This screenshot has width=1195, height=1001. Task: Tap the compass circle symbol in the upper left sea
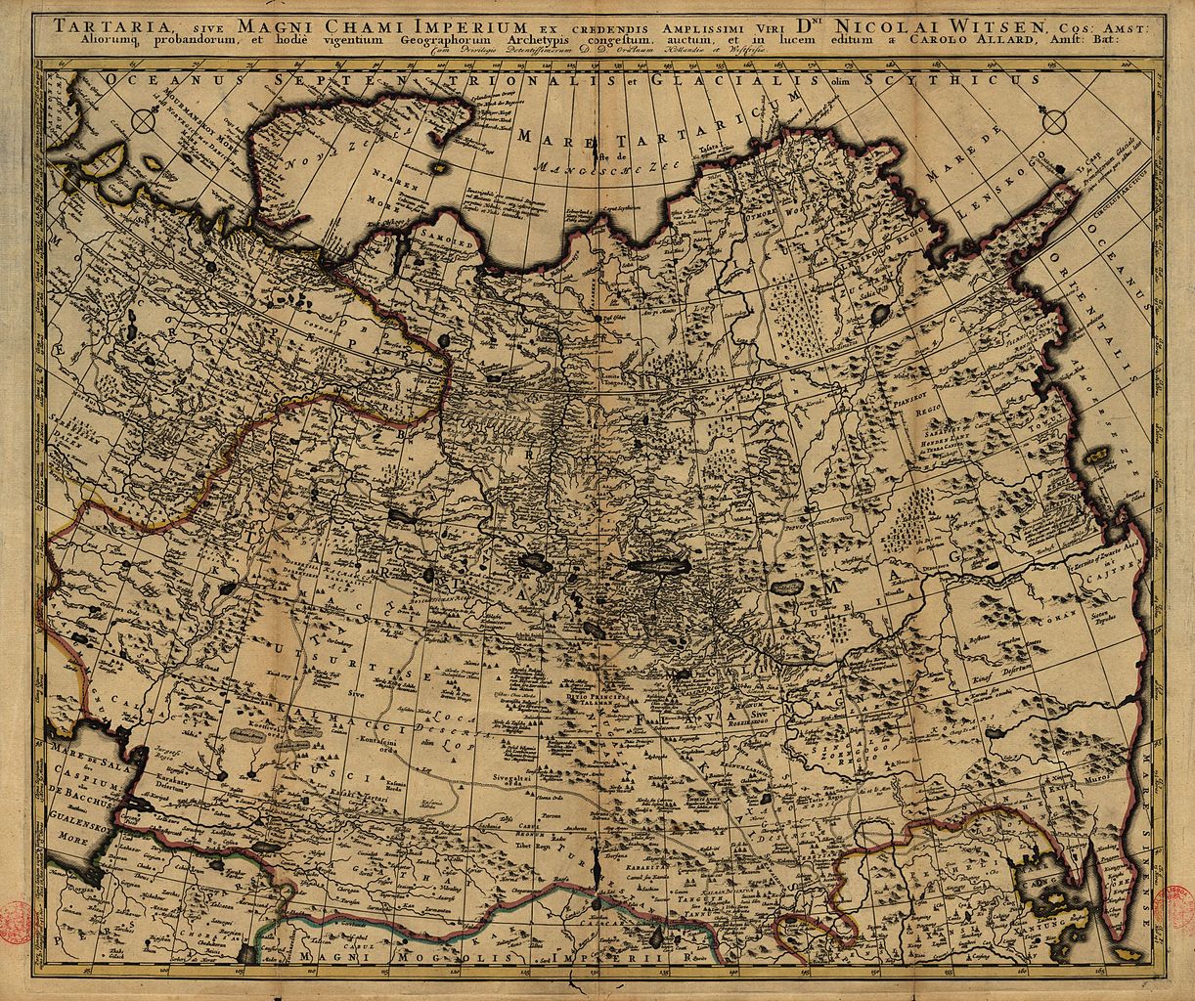pos(143,122)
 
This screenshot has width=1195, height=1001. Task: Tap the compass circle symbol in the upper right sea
pos(1056,122)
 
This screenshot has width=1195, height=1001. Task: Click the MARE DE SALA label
pos(80,754)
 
